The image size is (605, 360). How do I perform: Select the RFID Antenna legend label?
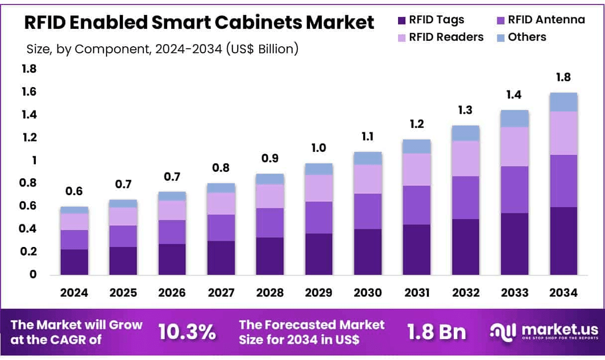pos(546,20)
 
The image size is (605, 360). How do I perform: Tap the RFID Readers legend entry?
pos(446,37)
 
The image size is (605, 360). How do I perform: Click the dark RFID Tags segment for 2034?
pos(564,240)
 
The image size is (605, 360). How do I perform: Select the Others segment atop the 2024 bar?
pos(74,210)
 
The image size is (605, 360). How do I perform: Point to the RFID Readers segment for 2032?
pos(466,158)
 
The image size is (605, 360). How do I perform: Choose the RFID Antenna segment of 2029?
pos(318,217)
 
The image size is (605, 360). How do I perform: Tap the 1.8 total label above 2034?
pos(564,77)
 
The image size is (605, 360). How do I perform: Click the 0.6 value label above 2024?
pos(74,192)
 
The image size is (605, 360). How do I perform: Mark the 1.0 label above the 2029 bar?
pos(318,148)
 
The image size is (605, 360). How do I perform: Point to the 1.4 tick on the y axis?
pos(29,115)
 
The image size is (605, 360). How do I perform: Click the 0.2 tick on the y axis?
pos(29,252)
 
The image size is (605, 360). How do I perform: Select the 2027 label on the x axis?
pos(221,293)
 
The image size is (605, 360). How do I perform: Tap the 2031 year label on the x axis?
pos(416,293)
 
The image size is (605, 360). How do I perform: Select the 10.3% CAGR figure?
pos(187,332)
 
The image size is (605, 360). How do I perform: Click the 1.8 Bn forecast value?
pos(436,332)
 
